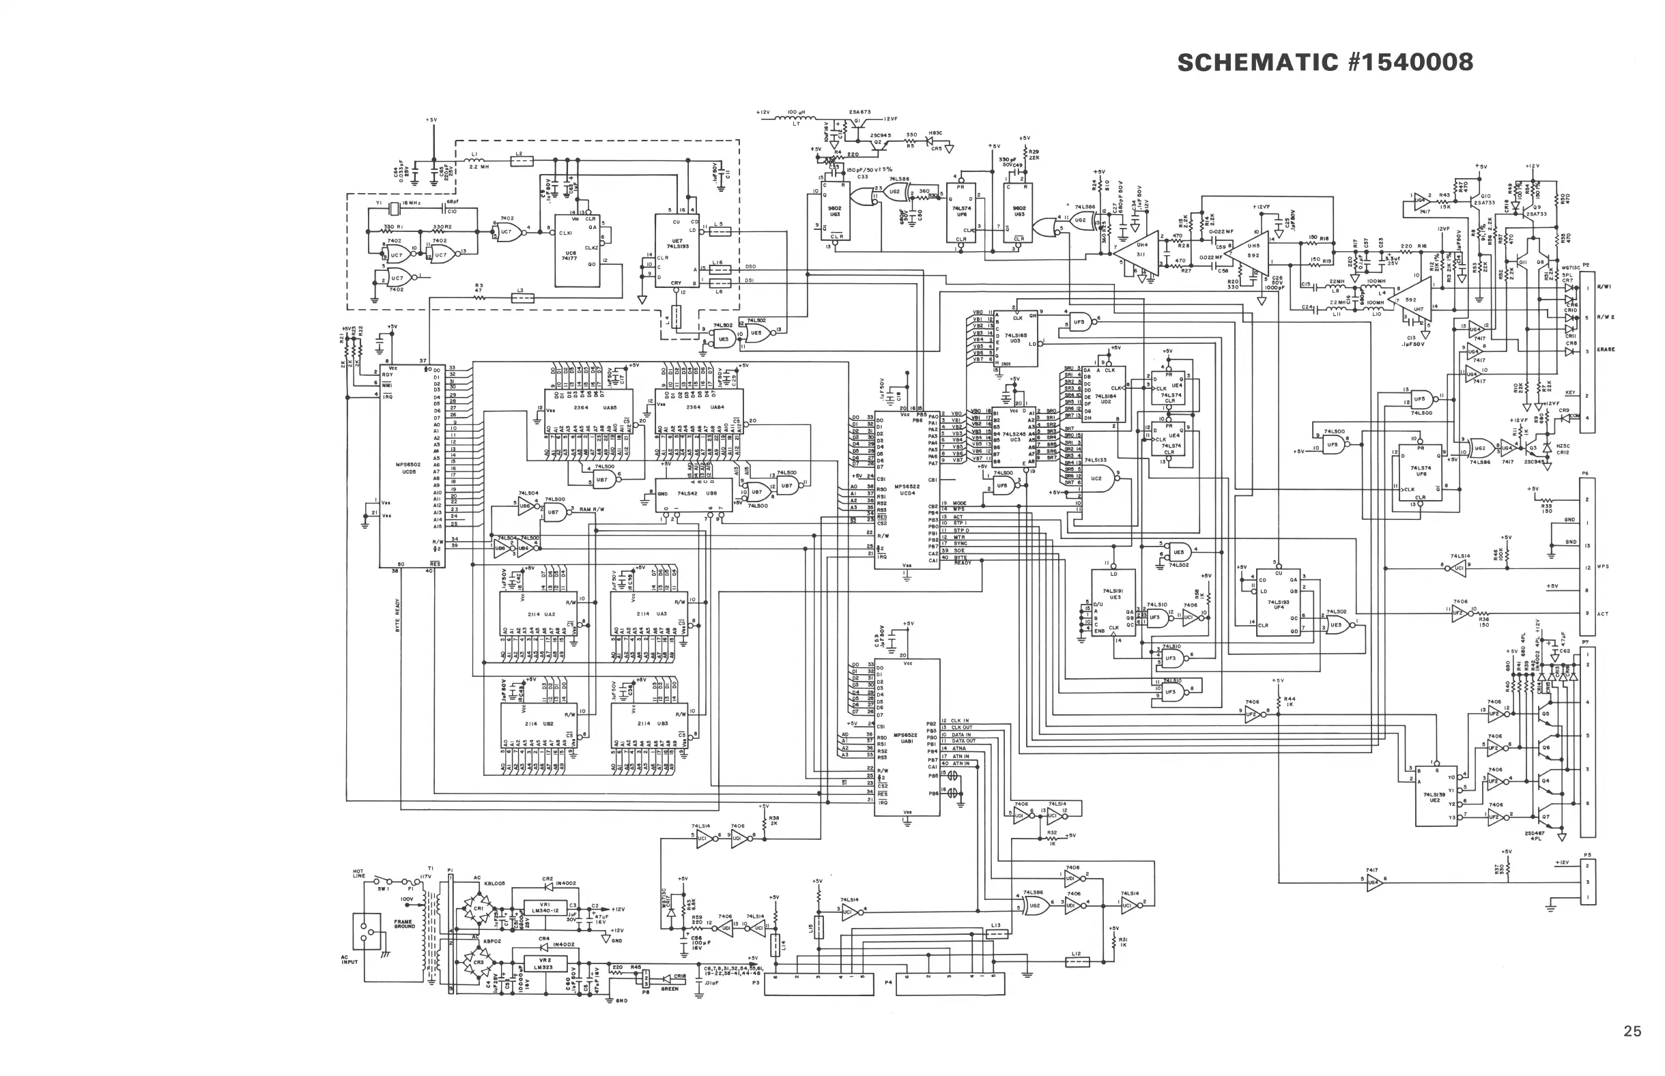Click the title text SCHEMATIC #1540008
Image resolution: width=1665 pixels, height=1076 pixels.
tap(1324, 62)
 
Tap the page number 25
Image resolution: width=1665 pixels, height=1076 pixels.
tap(1632, 1031)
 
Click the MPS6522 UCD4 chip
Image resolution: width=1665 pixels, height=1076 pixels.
tap(907, 489)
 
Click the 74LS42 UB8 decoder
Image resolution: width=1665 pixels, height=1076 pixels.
tap(692, 493)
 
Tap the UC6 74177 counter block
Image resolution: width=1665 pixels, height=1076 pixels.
tap(578, 250)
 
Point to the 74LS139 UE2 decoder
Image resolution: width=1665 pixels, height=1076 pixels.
tap(1436, 796)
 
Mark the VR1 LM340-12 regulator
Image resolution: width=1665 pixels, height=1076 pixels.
tap(545, 907)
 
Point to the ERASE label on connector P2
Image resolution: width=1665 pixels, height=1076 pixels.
tap(1606, 349)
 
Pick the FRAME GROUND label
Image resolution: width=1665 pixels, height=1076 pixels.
tap(404, 924)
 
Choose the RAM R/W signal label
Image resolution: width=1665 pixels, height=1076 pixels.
tap(592, 510)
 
